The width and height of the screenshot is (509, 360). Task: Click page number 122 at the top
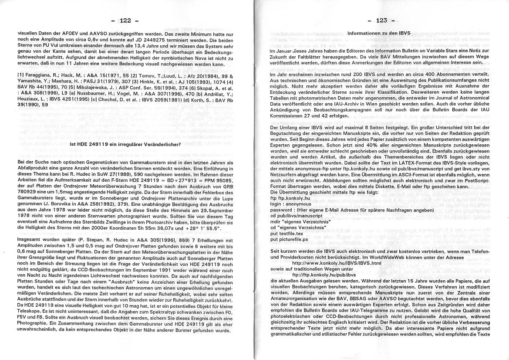125,20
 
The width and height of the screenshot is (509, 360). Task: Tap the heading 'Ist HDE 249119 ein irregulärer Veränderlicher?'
125,144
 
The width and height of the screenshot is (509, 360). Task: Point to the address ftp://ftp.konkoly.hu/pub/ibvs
324,275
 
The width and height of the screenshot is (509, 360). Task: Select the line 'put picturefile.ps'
289,239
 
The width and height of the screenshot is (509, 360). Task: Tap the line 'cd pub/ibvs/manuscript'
297,215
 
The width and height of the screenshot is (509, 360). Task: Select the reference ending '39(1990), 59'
33,105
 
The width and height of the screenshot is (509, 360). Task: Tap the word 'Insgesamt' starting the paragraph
30,240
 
